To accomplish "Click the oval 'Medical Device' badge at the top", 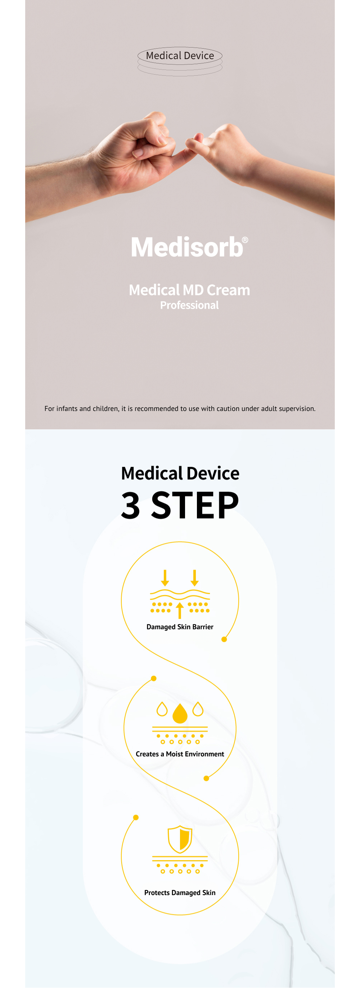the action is (180, 55).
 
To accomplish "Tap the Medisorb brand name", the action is (187, 247).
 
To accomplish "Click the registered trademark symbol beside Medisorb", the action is (245, 240).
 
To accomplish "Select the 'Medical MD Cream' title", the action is (189, 290).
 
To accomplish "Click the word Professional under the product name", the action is (189, 305).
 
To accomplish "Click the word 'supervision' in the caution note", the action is (297, 409).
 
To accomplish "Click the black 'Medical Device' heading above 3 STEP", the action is (180, 473).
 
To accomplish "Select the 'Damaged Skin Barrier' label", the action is (180, 627).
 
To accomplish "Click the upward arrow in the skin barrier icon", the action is (179, 610).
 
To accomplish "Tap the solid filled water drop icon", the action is (180, 713).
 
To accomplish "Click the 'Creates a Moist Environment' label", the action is (180, 754).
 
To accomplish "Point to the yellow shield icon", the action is (180, 839).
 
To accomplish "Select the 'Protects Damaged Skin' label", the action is (180, 893).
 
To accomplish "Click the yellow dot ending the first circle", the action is (224, 639).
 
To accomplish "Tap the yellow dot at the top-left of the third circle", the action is (136, 817).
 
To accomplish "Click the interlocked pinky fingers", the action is (190, 148).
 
